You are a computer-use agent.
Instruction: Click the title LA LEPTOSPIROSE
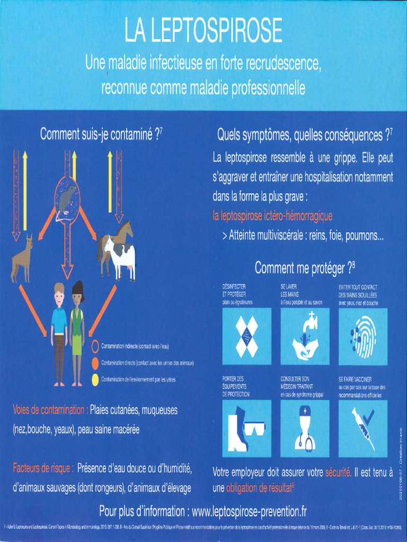pos(203,32)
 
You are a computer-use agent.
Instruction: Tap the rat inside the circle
pos(67,200)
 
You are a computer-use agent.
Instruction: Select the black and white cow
pos(120,257)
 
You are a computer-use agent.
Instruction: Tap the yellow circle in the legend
pos(95,379)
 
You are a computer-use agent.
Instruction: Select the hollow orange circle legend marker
pos(95,346)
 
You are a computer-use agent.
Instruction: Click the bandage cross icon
pos(246,336)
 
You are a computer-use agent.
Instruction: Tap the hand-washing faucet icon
pos(305,336)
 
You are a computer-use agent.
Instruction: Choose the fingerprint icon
pos(363,336)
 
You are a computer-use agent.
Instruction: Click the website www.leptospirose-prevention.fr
pos(249,511)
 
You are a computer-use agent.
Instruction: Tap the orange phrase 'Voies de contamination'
pos(50,410)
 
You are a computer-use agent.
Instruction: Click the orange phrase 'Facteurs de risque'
pos(43,468)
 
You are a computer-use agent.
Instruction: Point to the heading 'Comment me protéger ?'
pos(304,268)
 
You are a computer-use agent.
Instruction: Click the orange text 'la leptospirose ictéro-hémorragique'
pos(272,216)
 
